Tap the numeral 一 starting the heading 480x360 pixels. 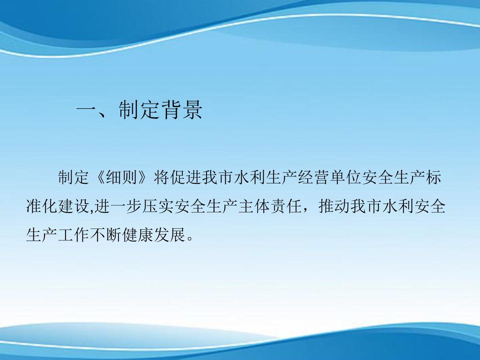click(x=86, y=110)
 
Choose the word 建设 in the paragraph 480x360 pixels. click(x=73, y=206)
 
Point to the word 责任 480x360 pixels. click(x=285, y=206)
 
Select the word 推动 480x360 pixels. click(x=334, y=206)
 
